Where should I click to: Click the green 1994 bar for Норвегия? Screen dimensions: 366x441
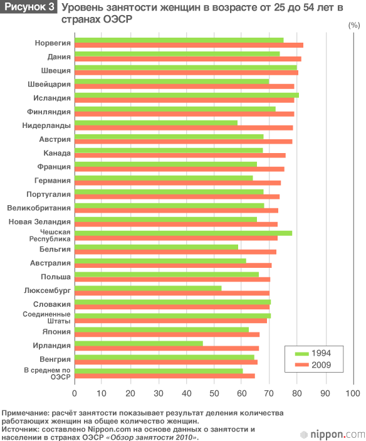click(179, 40)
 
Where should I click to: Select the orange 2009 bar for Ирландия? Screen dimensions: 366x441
click(167, 348)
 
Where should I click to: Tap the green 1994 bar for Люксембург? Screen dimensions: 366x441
click(148, 289)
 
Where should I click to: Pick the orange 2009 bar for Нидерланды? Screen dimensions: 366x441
click(184, 128)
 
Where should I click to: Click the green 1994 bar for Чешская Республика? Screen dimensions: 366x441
click(184, 233)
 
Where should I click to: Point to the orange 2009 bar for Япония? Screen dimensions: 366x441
click(167, 334)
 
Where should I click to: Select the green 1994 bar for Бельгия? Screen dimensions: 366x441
click(157, 247)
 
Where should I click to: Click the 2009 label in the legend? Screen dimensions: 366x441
click(321, 364)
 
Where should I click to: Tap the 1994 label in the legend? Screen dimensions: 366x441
click(321, 353)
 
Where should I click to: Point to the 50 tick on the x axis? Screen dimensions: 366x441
click(214, 393)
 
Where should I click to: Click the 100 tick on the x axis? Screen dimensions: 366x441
click(353, 393)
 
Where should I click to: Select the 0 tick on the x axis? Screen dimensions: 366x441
click(75, 393)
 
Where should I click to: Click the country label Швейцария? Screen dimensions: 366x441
click(49, 85)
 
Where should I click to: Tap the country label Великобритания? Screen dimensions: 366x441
click(39, 208)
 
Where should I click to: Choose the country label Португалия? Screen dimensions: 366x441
click(49, 194)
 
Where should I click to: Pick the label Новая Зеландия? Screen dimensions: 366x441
click(39, 222)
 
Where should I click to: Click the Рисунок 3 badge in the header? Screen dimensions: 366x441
click(28, 7)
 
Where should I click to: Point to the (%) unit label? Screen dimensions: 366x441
click(354, 25)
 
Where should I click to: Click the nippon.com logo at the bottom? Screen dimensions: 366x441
click(333, 435)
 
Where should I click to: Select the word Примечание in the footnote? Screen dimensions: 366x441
click(23, 413)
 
